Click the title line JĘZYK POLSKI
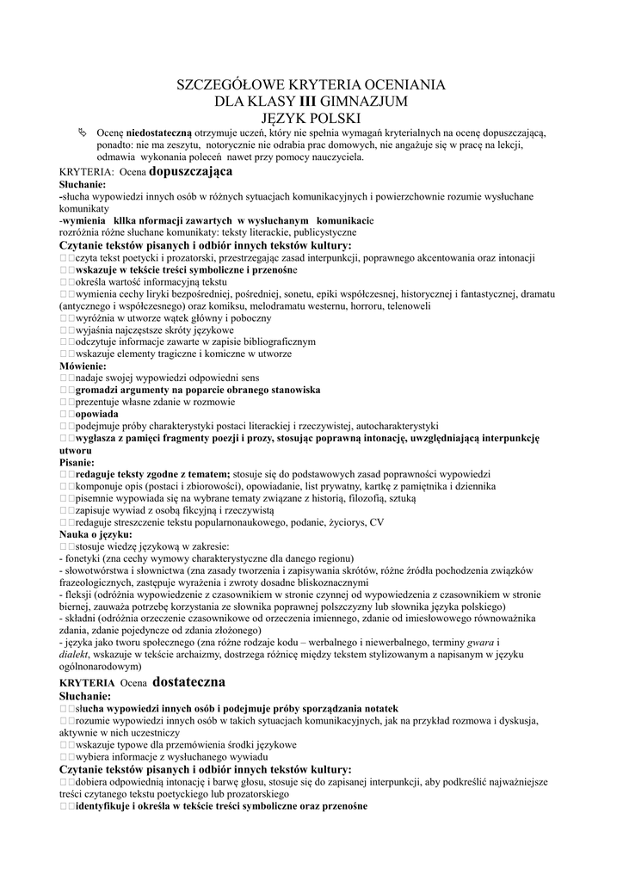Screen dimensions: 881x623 tap(311, 117)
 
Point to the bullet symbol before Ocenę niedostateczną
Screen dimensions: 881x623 tap(83, 132)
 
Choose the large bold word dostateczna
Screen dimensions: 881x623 tap(188, 682)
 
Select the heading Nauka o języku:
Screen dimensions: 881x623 tap(96, 534)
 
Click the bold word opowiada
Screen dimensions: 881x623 tap(97, 414)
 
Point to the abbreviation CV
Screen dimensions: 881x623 tap(376, 522)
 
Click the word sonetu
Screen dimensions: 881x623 tap(324, 293)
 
